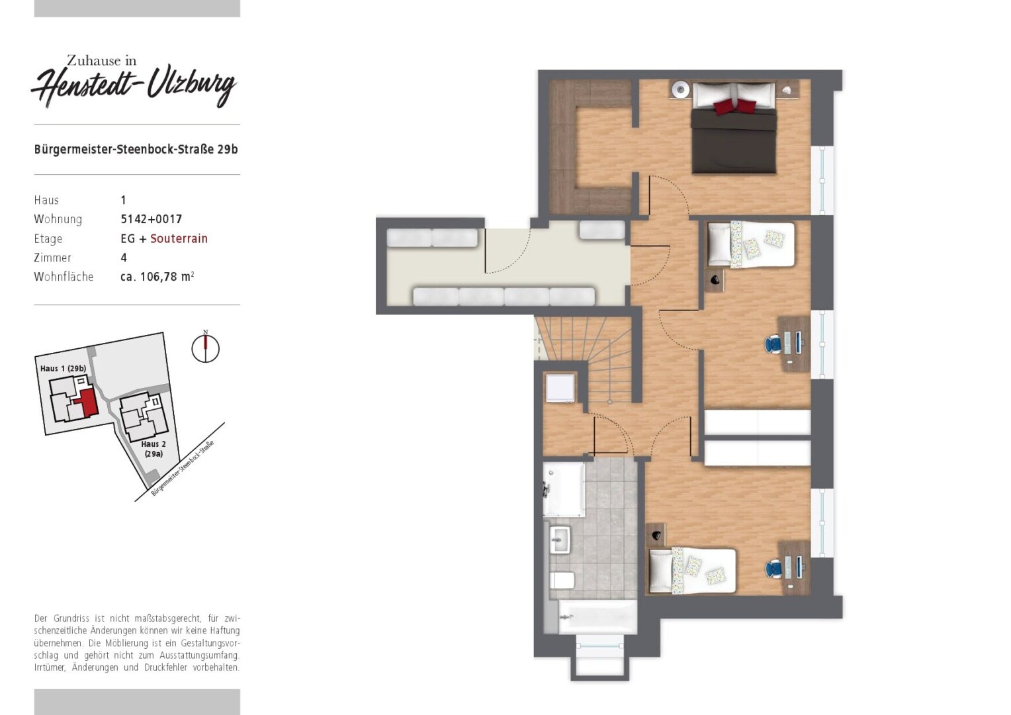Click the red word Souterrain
point(179,238)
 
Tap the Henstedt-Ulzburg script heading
point(134,86)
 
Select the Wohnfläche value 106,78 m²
point(157,277)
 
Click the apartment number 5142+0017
point(152,219)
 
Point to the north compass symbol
point(205,348)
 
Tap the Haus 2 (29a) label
point(154,449)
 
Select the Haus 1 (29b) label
point(64,369)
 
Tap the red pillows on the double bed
point(734,106)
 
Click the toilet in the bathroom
point(562,580)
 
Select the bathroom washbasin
point(560,540)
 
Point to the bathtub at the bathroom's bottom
point(597,617)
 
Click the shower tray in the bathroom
point(564,489)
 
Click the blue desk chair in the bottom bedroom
point(773,569)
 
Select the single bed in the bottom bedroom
point(692,571)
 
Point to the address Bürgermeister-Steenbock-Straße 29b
point(136,149)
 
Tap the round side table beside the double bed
point(680,90)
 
